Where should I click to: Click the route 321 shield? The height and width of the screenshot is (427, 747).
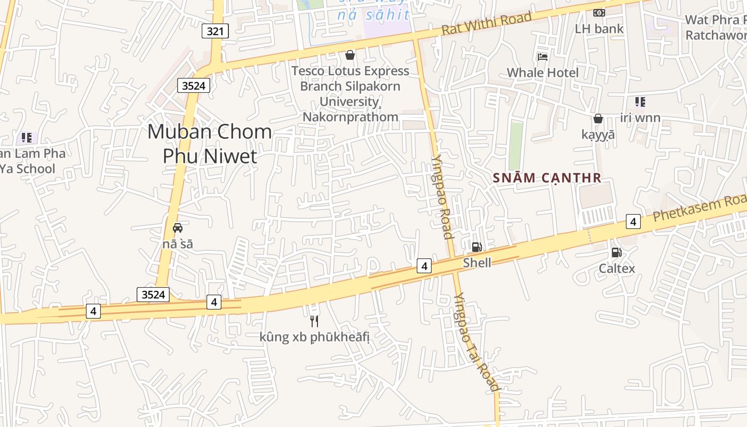click(215, 31)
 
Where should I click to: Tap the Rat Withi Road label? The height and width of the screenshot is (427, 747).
click(487, 23)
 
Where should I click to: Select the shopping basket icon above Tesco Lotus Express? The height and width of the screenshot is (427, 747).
click(350, 54)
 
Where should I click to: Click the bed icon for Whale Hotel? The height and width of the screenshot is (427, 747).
click(543, 57)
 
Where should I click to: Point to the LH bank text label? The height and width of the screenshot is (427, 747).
click(599, 29)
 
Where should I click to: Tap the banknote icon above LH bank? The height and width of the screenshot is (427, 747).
click(599, 12)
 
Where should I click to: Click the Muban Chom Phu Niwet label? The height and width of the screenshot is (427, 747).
click(209, 143)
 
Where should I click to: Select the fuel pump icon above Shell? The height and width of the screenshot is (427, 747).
click(476, 247)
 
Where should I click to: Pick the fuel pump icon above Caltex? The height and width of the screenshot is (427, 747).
click(616, 252)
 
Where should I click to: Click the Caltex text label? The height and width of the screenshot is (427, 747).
click(617, 268)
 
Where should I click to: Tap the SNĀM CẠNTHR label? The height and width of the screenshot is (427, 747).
click(547, 178)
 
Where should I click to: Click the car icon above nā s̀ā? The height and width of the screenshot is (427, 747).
click(178, 227)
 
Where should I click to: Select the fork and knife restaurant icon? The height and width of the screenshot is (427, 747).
click(314, 320)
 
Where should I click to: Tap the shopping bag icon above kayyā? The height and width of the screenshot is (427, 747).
click(598, 118)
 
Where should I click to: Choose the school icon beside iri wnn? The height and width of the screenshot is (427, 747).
click(640, 101)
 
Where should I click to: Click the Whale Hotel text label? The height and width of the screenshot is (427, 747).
click(542, 73)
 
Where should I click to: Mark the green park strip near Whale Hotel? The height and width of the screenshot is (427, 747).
click(515, 145)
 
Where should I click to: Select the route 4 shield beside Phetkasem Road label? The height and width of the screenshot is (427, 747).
click(633, 221)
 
